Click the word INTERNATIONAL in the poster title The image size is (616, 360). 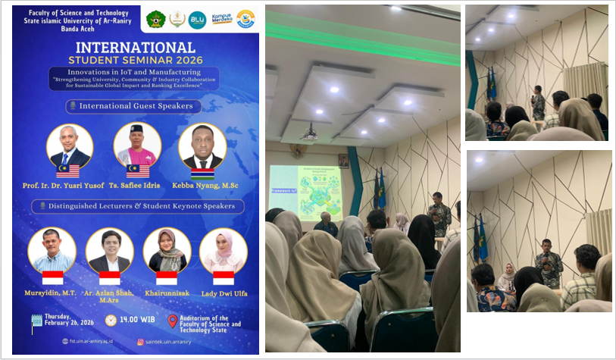coord(136,47)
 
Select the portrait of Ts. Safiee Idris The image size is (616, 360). coord(137,144)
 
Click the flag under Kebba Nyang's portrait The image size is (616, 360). coord(202,172)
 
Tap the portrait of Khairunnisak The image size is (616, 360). coord(167,250)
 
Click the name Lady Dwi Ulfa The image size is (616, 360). coord(224,293)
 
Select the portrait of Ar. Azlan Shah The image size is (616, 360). coord(110,250)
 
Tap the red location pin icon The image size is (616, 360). coord(172,321)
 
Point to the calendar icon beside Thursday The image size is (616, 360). coord(36,321)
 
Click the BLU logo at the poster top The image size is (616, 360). coord(199,19)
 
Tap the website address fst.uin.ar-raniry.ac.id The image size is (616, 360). coord(89,342)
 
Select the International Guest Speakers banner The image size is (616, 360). coord(136,106)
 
